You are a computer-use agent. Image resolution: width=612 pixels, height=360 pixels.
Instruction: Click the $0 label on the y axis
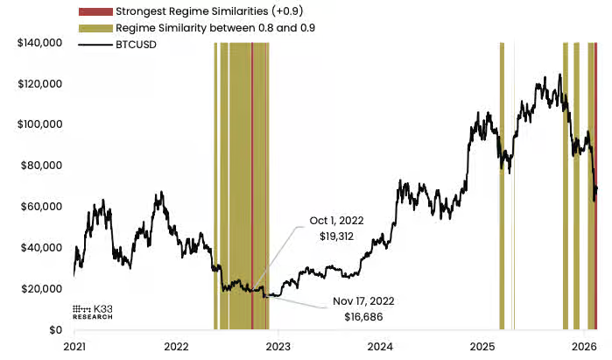coord(54,330)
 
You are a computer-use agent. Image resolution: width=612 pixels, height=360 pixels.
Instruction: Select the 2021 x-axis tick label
coord(74,346)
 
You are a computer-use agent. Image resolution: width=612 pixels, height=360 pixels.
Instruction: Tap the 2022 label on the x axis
coord(177,346)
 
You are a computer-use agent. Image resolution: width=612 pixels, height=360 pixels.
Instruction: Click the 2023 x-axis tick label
coord(278,346)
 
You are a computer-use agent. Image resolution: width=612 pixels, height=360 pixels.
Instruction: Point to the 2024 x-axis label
coord(381,346)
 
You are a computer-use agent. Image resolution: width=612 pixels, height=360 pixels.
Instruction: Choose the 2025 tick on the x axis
coord(482,346)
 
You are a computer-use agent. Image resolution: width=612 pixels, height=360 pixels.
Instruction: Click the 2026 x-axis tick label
coord(584,346)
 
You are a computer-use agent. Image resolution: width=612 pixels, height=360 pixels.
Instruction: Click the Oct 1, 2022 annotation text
coord(341,220)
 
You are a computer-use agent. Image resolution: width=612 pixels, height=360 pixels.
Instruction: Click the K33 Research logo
coord(93,312)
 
